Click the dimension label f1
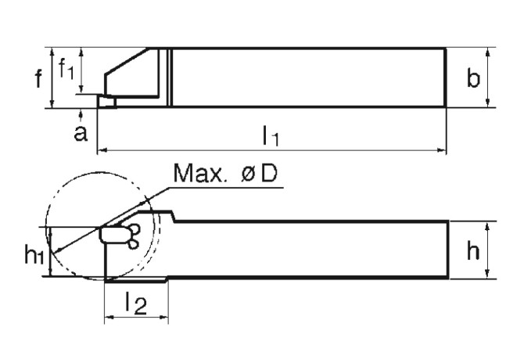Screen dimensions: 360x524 67,71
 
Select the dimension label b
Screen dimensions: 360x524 472,78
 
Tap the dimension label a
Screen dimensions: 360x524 81,133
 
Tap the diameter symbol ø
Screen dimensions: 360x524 248,173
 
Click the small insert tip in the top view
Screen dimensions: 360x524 107,101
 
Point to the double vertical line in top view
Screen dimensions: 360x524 168,77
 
